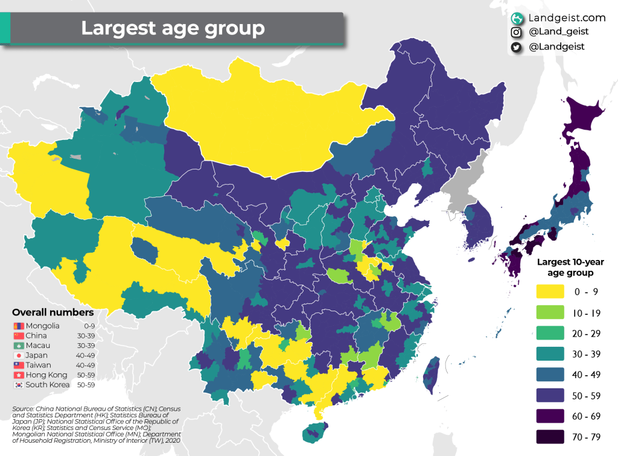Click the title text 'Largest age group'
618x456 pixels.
(173, 28)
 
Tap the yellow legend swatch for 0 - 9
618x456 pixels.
(550, 291)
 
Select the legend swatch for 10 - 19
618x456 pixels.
(550, 312)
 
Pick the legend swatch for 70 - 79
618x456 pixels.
(550, 436)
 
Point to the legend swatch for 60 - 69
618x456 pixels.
(550, 416)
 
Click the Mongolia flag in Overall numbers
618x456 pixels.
(19, 326)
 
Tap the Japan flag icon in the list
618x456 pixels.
(19, 355)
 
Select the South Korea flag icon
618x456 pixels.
(19, 385)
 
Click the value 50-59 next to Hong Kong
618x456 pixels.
(86, 375)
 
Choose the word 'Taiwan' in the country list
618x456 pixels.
(38, 365)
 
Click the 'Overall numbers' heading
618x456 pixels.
(53, 312)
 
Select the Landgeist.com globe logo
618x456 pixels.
(517, 18)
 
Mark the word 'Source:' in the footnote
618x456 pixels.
(23, 409)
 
